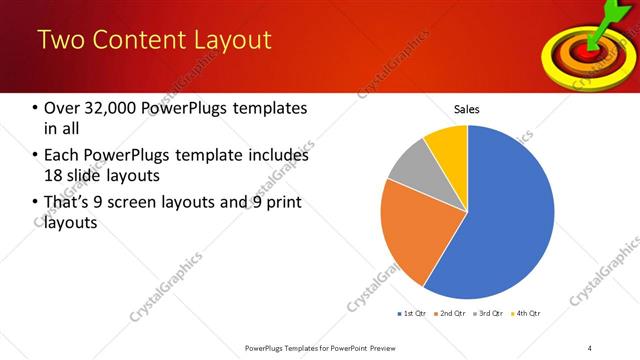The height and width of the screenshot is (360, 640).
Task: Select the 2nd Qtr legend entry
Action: click(450, 314)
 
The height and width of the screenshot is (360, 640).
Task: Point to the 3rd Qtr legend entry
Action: click(488, 314)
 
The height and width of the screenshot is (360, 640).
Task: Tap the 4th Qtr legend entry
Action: click(526, 314)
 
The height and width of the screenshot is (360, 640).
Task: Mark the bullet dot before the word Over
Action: click(35, 108)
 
